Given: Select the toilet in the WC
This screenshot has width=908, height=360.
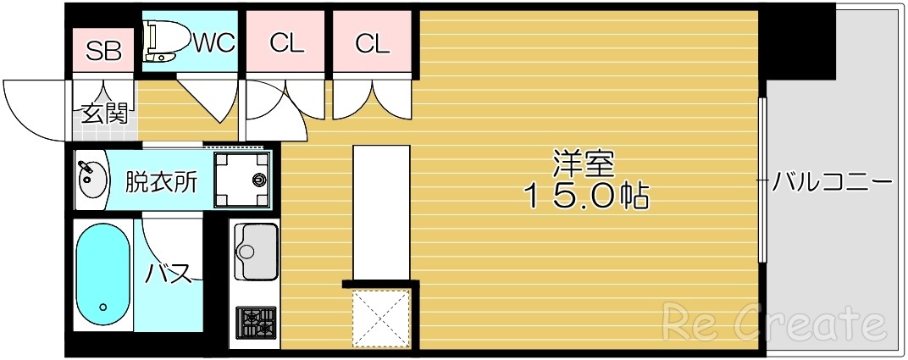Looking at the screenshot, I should [x=161, y=42].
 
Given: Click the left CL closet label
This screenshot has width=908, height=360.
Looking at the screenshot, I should [x=286, y=43].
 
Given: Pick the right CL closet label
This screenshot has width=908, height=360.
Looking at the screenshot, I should [x=371, y=43].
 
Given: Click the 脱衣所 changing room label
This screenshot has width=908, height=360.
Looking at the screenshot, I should [x=162, y=181].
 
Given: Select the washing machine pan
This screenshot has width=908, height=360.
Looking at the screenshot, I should [x=241, y=180].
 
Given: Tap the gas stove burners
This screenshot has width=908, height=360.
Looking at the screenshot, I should [x=256, y=321].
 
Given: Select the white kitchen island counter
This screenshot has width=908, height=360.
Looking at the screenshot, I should [x=381, y=212].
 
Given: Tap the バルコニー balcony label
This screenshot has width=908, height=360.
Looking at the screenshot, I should [x=833, y=182].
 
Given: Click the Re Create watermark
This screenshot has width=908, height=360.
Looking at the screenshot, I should [x=773, y=323].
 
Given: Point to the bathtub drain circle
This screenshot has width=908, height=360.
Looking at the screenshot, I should [x=102, y=307].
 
